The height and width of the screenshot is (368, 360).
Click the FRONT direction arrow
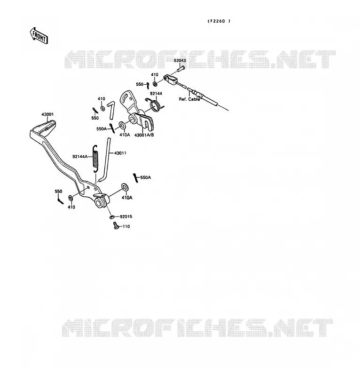click(x=39, y=36)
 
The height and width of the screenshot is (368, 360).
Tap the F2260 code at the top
click(x=219, y=21)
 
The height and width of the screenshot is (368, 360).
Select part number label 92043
click(x=180, y=60)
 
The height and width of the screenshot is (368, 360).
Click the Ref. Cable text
click(x=189, y=99)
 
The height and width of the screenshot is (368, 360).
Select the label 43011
click(x=120, y=153)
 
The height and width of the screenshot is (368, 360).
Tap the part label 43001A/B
click(x=144, y=135)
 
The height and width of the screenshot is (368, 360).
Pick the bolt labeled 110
click(x=116, y=225)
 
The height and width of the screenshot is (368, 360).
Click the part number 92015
click(x=126, y=216)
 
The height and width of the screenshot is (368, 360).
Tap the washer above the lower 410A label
click(x=125, y=187)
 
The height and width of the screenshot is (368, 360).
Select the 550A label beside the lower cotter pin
click(x=146, y=177)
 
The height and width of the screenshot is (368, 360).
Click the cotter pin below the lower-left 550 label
click(x=60, y=200)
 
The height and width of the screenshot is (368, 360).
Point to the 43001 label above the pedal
click(x=47, y=114)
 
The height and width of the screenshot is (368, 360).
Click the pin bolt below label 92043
click(x=180, y=69)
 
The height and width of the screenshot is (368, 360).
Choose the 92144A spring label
click(x=80, y=157)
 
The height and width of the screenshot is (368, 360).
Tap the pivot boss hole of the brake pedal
click(x=99, y=203)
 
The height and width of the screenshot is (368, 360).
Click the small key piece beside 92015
click(x=112, y=217)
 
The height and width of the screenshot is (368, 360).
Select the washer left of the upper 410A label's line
click(x=122, y=125)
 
